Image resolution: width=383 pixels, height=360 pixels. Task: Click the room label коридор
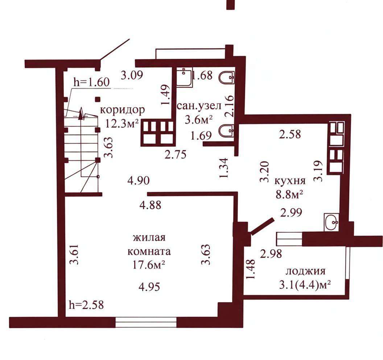point(122,110)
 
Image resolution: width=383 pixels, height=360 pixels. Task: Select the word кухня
point(290,181)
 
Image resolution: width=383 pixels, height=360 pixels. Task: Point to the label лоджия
point(306,271)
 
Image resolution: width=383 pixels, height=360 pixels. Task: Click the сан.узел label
point(199,106)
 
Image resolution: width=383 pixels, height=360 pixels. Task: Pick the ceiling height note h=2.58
point(86,305)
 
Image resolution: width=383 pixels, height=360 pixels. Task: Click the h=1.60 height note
point(92,82)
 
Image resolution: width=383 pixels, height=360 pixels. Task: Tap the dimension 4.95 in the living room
point(149,287)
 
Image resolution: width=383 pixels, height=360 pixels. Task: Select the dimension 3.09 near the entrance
point(132,75)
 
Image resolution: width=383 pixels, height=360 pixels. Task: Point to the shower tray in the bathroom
point(184,77)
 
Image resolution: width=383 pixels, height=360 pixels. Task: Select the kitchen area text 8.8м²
point(289,195)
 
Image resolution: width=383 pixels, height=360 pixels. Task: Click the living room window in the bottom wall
point(146,322)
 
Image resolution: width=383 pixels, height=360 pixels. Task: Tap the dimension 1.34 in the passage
point(224,168)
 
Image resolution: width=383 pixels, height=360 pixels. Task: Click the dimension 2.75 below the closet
point(176,155)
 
